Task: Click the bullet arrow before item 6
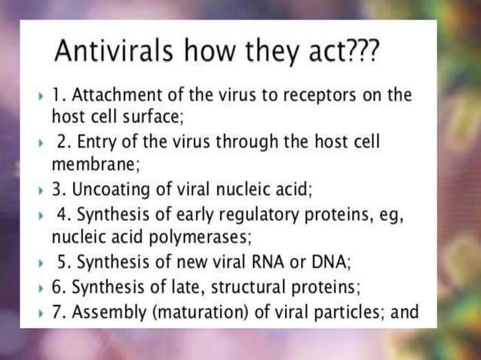41,288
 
